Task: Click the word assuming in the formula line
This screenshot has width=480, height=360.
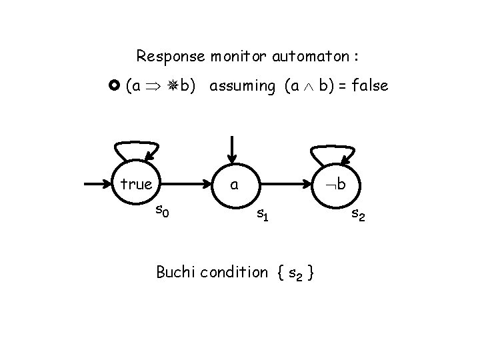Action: click(x=242, y=86)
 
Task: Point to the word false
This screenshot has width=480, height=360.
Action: click(x=366, y=86)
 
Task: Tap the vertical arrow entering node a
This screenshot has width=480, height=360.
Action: click(x=232, y=149)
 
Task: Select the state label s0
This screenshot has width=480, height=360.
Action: click(x=162, y=212)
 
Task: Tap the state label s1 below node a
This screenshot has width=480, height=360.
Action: click(x=263, y=214)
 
